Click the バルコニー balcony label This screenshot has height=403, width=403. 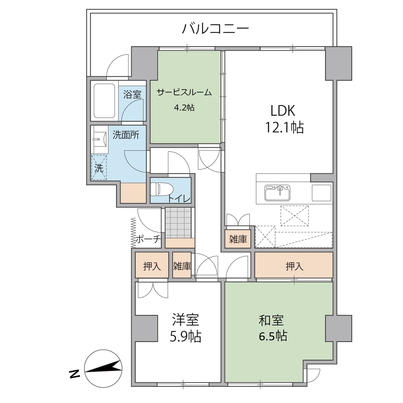click(215, 28)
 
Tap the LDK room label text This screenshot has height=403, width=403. click(283, 111)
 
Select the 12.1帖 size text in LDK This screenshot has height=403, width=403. click(285, 127)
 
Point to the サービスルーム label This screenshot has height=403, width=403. click(184, 92)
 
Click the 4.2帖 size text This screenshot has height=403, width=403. click(184, 108)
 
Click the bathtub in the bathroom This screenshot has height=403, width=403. click(104, 100)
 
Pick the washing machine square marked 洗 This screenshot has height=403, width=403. click(99, 167)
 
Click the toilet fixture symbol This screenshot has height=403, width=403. click(159, 189)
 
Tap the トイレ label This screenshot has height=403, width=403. click(179, 199)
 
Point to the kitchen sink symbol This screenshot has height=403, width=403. click(278, 193)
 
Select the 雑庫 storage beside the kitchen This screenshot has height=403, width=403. click(238, 239)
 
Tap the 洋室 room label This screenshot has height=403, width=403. click(185, 320)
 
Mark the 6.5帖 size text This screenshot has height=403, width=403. click(273, 336)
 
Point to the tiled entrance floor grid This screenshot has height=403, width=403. click(178, 222)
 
